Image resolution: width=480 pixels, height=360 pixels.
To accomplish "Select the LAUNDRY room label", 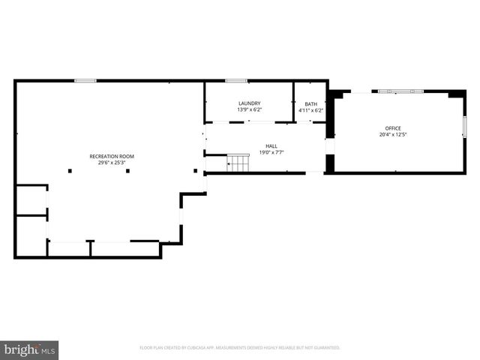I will [x=249, y=103].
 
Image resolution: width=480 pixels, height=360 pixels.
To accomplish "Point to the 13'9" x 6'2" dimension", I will [x=249, y=109].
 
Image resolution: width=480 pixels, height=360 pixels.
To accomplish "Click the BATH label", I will [x=310, y=103].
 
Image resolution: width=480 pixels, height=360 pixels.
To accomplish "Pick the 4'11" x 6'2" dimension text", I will [x=310, y=109].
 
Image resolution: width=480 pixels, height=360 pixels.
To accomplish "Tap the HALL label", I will [x=271, y=146].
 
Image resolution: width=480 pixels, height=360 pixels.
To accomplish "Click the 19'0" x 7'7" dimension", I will [x=271, y=152].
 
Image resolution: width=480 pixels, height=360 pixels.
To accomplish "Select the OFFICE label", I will [x=393, y=129].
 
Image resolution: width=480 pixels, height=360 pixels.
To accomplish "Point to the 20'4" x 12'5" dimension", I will [x=393, y=135].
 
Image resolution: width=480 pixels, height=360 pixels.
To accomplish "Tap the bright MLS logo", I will [x=29, y=349].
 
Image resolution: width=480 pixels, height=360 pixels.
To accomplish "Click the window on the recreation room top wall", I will [x=85, y=80].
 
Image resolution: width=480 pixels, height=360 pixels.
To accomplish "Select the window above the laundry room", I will [x=236, y=80].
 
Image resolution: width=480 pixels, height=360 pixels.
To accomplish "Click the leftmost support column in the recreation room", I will [x=70, y=171].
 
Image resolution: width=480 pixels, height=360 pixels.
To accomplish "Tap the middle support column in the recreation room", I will [x=128, y=171].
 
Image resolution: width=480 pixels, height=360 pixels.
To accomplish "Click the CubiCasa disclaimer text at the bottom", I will [x=240, y=348].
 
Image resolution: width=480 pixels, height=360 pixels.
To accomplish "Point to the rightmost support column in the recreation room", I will [x=196, y=171].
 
